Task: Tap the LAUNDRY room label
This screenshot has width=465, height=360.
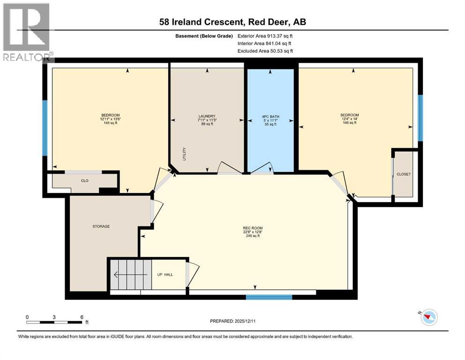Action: click(x=207, y=116)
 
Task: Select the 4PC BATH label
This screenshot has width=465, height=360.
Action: click(x=270, y=116)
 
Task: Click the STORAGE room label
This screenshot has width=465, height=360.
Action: click(x=101, y=226)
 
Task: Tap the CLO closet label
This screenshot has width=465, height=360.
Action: click(x=84, y=180)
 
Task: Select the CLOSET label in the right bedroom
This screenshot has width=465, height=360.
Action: click(x=403, y=174)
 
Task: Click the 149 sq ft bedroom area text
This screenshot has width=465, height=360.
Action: click(x=111, y=123)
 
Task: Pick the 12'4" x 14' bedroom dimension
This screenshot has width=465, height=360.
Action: click(x=349, y=119)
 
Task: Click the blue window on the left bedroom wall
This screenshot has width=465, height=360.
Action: click(x=45, y=128)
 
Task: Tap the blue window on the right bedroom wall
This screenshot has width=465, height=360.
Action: click(x=420, y=118)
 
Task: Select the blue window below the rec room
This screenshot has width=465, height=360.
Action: click(x=269, y=297)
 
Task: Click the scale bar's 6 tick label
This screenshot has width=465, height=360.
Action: click(x=81, y=317)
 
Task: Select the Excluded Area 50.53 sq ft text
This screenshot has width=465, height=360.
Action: click(x=265, y=51)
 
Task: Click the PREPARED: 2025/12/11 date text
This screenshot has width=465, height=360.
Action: click(x=233, y=321)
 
